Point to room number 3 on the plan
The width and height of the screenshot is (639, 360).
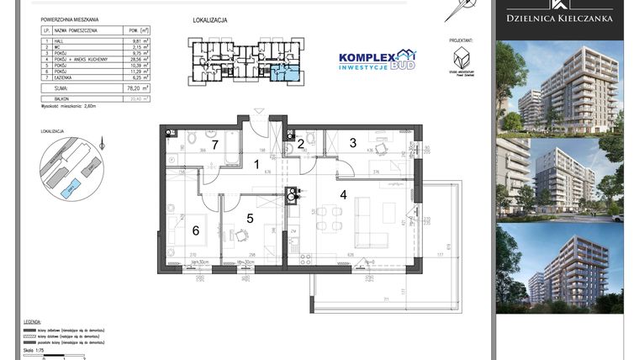353,142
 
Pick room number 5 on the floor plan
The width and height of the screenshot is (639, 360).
249,218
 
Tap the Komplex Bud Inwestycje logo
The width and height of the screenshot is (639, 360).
376,59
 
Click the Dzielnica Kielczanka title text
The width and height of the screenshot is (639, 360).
559,18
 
